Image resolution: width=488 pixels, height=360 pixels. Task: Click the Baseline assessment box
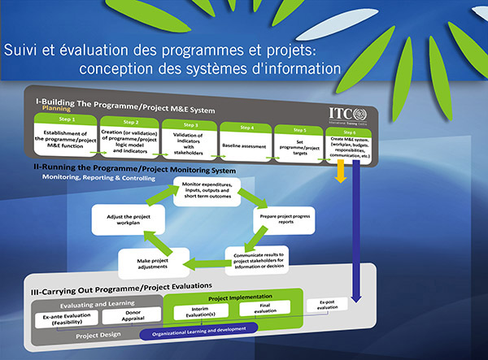(243, 146)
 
